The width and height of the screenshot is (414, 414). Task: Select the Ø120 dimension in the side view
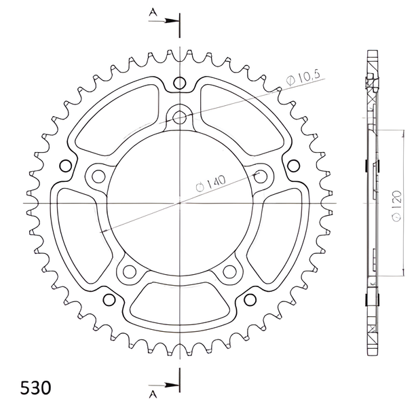[x=396, y=206]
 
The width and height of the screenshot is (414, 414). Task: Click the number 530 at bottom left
[x=36, y=388]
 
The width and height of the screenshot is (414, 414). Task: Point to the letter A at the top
[x=153, y=12]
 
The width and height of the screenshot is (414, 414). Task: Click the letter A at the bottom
[x=153, y=394]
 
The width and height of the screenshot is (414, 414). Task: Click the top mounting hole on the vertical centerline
[x=180, y=117]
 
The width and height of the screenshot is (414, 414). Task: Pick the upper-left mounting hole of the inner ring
[x=98, y=176]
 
